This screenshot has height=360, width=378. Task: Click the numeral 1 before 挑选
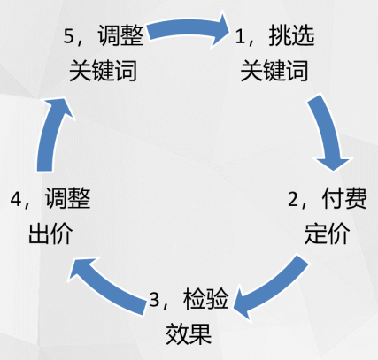tap(240, 37)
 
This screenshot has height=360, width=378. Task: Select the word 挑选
tap(291, 35)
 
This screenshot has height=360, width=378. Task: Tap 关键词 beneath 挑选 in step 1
tap(274, 71)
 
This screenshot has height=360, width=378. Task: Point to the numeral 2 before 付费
tap(293, 199)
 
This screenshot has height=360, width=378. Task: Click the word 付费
tap(344, 198)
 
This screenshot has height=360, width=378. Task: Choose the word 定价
tap(328, 234)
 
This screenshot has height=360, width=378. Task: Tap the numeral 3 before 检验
tap(154, 299)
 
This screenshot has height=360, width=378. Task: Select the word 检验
tap(205, 298)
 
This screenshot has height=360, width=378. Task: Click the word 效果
tap(189, 333)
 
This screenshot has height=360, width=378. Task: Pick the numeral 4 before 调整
tap(15, 199)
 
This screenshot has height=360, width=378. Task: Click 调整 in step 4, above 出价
tap(67, 197)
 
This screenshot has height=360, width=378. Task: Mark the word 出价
tap(50, 233)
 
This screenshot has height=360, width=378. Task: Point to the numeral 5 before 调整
tap(68, 37)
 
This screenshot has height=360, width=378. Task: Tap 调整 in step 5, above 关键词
tap(120, 35)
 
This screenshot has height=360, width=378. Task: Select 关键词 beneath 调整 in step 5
tap(103, 71)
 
